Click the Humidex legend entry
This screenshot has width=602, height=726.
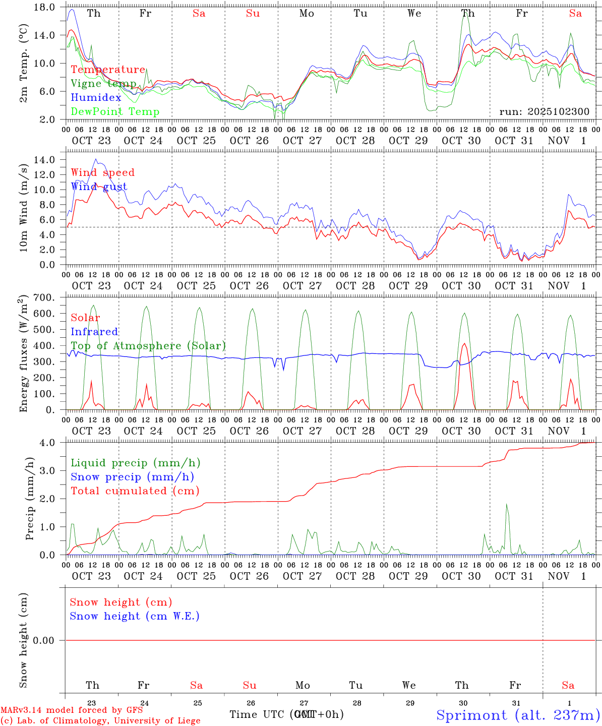tap(96, 98)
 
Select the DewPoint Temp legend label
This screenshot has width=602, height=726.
tap(115, 112)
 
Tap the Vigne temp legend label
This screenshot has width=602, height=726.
tap(103, 84)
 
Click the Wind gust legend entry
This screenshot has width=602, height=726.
tap(99, 187)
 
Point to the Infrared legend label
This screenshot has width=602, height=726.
tap(94, 332)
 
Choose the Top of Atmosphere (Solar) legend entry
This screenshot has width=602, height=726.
tap(148, 346)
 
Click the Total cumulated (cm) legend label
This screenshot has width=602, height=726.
tap(135, 491)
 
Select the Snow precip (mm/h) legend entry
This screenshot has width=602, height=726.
tap(132, 477)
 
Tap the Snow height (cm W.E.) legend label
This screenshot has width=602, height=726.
tap(134, 616)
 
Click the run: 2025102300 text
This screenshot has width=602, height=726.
tap(544, 112)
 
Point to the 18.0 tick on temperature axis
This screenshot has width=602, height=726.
tap(45, 7)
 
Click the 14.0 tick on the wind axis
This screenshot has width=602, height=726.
tap(45, 160)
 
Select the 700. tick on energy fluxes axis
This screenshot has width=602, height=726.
tap(44, 297)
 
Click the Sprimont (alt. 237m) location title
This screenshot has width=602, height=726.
tap(518, 715)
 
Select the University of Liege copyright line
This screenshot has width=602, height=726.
tap(100, 721)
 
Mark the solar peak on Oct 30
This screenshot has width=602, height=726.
tap(464, 344)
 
